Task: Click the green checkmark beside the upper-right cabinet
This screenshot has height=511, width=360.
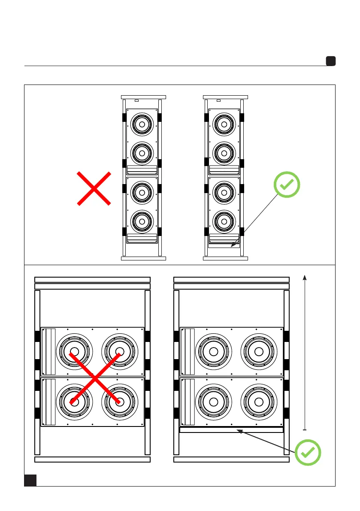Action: [287, 185]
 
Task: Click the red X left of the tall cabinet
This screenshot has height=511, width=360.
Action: [94, 188]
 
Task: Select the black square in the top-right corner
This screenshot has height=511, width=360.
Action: [330, 61]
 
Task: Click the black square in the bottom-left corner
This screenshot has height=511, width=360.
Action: [30, 480]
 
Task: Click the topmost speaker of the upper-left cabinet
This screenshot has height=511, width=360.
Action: [142, 124]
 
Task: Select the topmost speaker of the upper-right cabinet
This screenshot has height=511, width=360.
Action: [224, 124]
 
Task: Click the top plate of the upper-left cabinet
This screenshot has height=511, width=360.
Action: [143, 97]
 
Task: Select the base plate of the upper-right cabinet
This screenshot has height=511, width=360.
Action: [225, 259]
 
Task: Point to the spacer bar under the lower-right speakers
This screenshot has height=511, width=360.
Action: [231, 429]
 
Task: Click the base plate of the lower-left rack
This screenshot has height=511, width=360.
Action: [92, 460]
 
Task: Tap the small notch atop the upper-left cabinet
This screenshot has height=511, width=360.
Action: [136, 101]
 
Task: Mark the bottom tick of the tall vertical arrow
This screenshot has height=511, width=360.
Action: [305, 429]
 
